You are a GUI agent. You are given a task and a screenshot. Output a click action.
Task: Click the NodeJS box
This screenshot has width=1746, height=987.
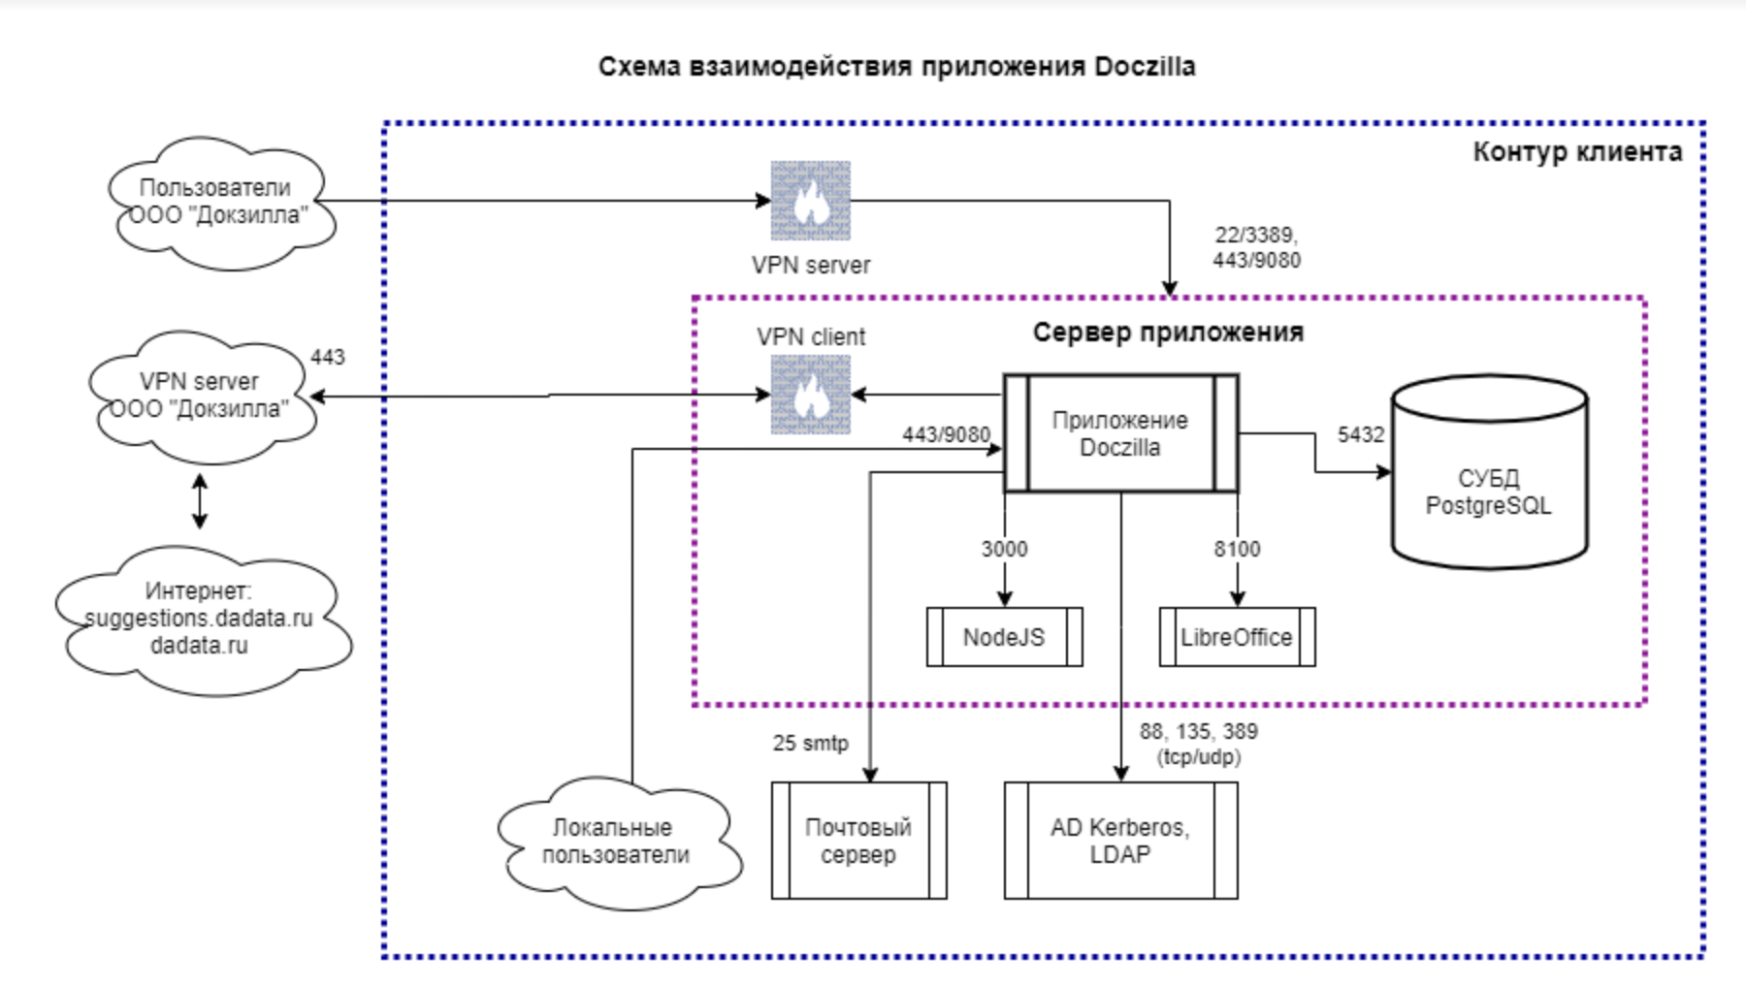pos(1004,637)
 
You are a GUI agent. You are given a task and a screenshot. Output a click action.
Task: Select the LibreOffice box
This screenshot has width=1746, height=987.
pos(1237,637)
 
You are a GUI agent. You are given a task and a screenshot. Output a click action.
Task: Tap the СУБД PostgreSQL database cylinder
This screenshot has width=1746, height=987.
pos(1489,472)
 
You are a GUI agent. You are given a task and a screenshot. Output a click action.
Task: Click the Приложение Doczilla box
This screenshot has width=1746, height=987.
pos(1120,433)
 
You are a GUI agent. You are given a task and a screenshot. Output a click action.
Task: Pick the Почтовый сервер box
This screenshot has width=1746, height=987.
pos(858,841)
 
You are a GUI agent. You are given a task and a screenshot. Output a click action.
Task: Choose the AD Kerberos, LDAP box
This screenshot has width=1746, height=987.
pos(1120,841)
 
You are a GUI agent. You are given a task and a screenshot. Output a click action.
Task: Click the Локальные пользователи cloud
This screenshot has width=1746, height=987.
pos(618,843)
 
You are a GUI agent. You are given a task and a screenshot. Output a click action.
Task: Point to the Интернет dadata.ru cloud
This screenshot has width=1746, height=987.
pos(201,620)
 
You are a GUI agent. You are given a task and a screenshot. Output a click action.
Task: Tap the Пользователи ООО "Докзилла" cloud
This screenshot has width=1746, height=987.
pos(222,203)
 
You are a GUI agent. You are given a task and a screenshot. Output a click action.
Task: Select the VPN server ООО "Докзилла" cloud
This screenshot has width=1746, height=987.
pos(201,397)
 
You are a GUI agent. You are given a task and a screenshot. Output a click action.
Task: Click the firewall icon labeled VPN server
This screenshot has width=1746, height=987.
pos(811,201)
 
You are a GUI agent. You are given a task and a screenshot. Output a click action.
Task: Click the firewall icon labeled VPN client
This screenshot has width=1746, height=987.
pos(811,395)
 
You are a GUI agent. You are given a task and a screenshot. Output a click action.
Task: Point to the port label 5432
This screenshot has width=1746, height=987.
pos(1361,434)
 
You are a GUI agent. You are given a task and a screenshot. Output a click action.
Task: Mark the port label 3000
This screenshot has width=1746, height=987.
pos(1004,549)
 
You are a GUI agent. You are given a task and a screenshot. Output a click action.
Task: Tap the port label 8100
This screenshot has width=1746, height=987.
pos(1237,549)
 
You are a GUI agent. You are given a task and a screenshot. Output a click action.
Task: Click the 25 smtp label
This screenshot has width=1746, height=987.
pos(810,743)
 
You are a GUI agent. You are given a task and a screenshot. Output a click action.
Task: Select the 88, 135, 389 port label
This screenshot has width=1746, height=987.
pos(1199,731)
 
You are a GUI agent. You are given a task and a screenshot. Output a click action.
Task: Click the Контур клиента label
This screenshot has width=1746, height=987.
pos(1577,152)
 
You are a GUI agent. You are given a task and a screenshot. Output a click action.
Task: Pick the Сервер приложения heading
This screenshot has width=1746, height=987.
pos(1168,333)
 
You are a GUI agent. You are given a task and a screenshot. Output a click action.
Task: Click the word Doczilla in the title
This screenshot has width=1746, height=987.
pos(1145,67)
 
